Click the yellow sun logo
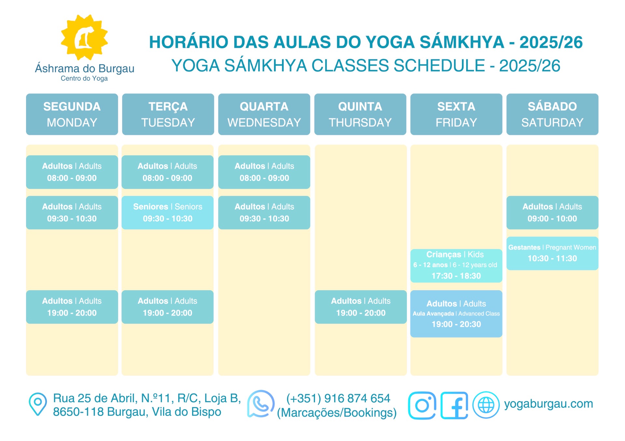[84, 37]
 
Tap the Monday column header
[72, 114]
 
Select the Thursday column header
[360, 114]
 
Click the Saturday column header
[552, 114]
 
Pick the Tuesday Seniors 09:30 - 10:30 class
[168, 213]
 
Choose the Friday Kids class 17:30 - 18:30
[456, 266]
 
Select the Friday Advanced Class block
[456, 314]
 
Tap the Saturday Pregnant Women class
[552, 253]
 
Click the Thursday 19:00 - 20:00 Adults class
[361, 307]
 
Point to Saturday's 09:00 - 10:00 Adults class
[552, 213]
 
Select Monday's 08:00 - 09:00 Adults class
[72, 172]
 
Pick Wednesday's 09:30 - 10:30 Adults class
[264, 213]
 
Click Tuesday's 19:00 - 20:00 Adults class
[168, 307]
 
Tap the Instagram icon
[422, 405]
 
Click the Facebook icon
[454, 405]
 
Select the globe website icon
[486, 405]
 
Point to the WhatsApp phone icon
[261, 404]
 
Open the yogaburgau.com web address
[549, 404]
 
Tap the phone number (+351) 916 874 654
[338, 398]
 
